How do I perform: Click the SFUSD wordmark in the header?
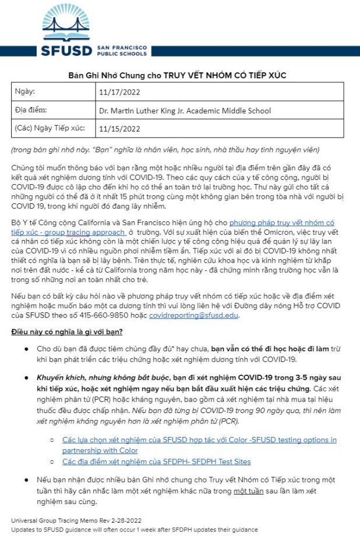coord(66,50)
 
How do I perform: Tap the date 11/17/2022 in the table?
coord(119,92)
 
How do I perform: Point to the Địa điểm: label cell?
coord(31,110)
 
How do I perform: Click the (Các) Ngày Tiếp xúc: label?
coord(47,129)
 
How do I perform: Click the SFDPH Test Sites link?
coord(156,461)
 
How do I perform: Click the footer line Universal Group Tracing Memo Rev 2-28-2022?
coord(76,520)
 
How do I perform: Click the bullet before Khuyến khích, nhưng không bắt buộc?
coord(27,376)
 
